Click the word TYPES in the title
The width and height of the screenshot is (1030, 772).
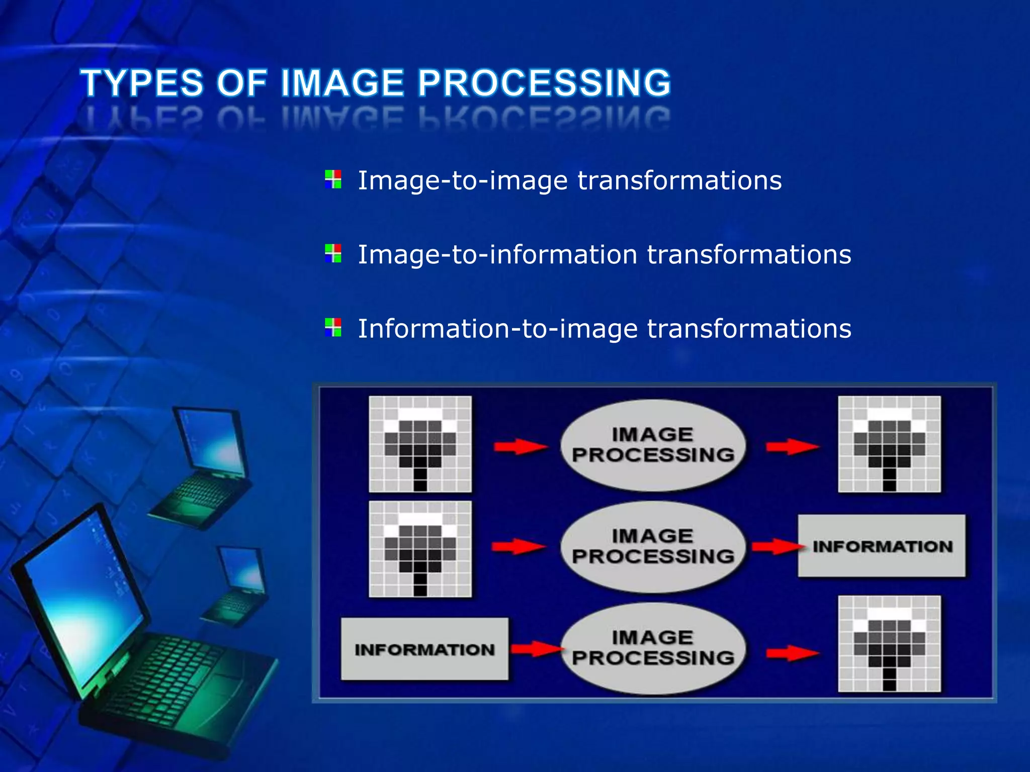click(x=142, y=83)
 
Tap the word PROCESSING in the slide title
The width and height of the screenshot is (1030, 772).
click(x=544, y=83)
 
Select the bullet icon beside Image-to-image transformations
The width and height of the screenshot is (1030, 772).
click(x=333, y=179)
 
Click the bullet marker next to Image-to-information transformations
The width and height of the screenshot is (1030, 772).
click(x=333, y=253)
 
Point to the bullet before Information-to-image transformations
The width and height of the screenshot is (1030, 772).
click(x=333, y=327)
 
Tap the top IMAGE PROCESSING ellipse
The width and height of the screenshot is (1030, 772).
click(x=653, y=445)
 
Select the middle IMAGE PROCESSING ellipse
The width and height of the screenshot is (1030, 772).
click(x=653, y=546)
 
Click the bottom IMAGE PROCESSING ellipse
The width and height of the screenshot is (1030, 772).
click(x=653, y=648)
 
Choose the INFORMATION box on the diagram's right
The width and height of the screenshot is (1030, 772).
click(x=882, y=546)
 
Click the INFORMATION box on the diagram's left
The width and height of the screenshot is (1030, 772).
click(x=424, y=649)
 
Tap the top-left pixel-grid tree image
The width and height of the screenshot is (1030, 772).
click(x=420, y=444)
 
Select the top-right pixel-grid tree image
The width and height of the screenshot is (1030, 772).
click(x=889, y=444)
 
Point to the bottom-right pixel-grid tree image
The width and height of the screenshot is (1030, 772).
click(x=889, y=643)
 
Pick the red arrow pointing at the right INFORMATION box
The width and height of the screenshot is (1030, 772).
click(x=777, y=546)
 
